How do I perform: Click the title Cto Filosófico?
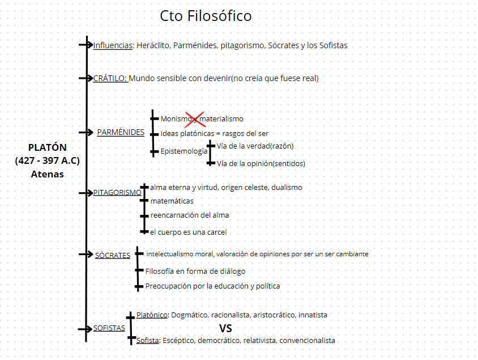tap(206, 16)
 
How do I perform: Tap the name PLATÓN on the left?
tap(47, 147)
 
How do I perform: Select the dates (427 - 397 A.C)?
tap(48, 160)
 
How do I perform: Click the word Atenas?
tap(47, 174)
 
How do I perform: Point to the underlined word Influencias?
tap(113, 45)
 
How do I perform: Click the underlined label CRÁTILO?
tap(110, 78)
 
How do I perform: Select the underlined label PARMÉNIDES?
tap(121, 132)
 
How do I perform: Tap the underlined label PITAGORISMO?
tap(117, 192)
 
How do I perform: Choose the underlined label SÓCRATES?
tap(112, 255)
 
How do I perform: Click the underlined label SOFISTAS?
tap(109, 328)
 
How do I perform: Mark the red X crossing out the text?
tap(195, 118)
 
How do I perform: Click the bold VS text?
tap(225, 328)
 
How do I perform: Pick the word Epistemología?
tap(184, 151)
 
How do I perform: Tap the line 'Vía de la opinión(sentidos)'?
tap(261, 163)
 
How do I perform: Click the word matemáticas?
tap(172, 201)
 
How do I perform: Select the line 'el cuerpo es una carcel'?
tap(188, 232)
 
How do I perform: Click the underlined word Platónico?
tap(152, 315)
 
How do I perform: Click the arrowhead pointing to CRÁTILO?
tap(89, 78)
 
